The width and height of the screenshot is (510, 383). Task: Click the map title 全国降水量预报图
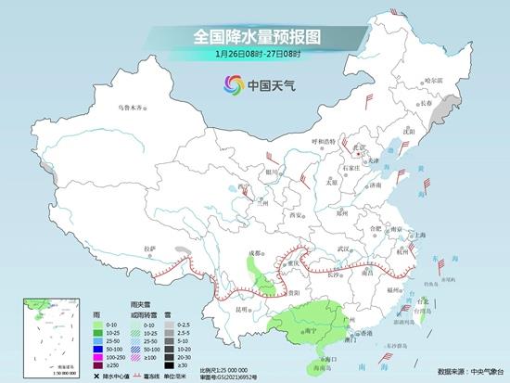tap(255, 37)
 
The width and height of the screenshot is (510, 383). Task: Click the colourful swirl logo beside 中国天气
tap(232, 86)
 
